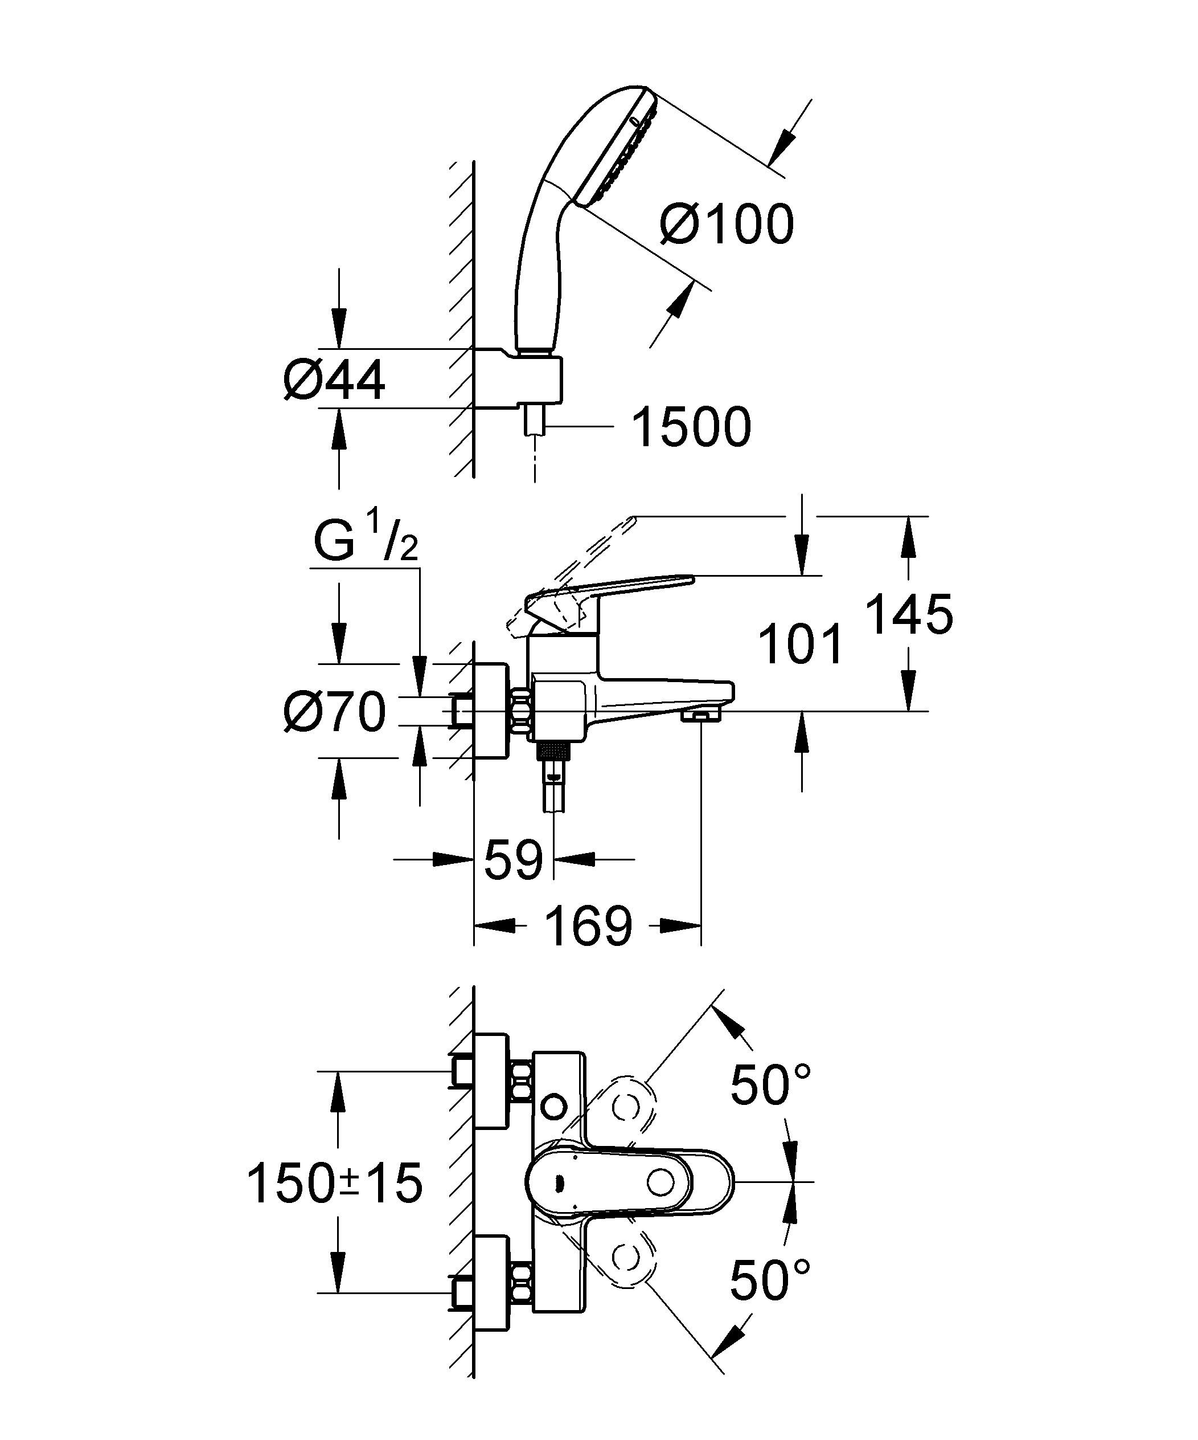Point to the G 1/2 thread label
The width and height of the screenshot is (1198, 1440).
366,539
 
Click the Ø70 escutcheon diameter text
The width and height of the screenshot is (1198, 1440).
334,712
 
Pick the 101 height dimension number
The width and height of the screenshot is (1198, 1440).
801,644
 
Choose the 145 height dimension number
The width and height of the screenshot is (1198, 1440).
909,614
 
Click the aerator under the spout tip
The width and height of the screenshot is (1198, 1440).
700,716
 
